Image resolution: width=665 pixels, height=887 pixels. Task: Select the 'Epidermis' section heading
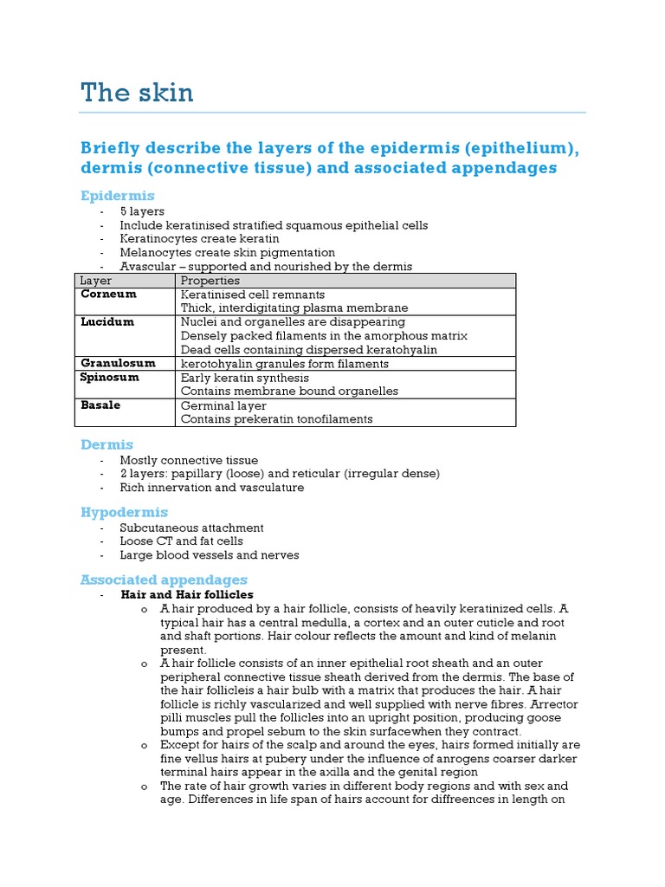(x=117, y=196)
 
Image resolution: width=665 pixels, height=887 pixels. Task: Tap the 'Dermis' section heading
(x=107, y=444)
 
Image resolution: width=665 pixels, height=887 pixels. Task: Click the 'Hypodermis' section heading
(x=124, y=512)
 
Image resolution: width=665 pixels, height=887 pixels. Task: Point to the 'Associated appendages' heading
(x=164, y=579)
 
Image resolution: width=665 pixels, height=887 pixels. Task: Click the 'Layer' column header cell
(x=95, y=281)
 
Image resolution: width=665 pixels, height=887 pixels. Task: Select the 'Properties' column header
(x=210, y=281)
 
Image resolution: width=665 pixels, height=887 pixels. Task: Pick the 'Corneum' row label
(x=108, y=295)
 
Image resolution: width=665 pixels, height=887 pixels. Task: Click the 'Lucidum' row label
(x=107, y=321)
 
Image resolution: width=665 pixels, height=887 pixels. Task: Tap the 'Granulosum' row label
(x=118, y=363)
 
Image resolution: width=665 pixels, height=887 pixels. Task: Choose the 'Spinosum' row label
(x=109, y=378)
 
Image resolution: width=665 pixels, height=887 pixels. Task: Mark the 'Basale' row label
(x=100, y=405)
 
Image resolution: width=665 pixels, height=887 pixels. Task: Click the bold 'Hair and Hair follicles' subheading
(x=187, y=595)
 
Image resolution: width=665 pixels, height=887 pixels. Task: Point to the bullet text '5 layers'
(x=142, y=211)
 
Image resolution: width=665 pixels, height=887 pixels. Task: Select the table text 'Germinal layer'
(x=223, y=405)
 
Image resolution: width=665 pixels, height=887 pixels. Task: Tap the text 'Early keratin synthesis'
(x=241, y=378)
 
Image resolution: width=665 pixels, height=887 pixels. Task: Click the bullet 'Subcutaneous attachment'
(x=191, y=528)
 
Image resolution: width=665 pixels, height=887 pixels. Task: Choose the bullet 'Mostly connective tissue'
(x=189, y=460)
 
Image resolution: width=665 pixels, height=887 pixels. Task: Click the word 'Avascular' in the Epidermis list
(x=146, y=267)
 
